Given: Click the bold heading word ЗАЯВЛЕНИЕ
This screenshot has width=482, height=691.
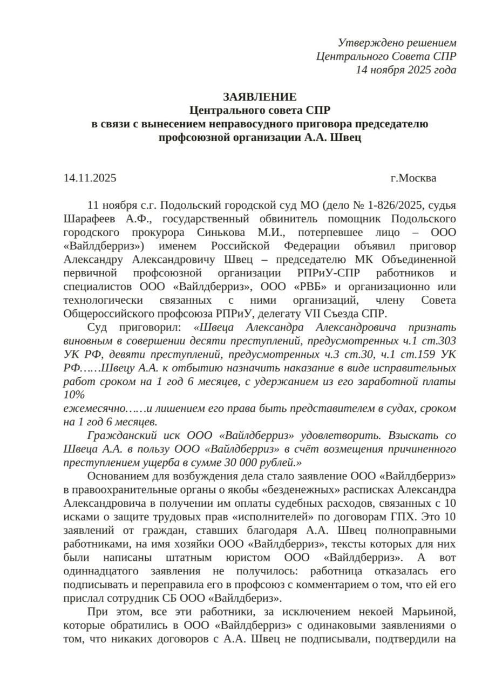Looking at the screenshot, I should tap(260, 97).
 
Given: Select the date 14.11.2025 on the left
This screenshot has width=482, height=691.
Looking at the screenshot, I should tap(90, 178).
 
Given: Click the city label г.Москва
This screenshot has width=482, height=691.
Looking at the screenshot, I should tap(413, 178).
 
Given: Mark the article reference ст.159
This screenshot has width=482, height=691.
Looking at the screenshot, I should tap(418, 354).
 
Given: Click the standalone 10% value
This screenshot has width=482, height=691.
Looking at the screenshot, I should tap(74, 395).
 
